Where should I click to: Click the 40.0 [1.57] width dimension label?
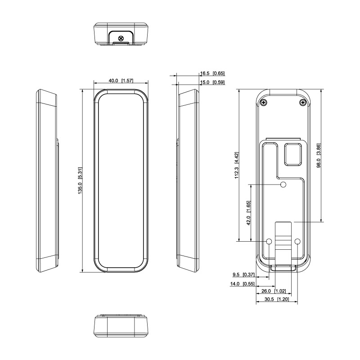pos(121,81)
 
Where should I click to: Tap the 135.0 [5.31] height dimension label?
pos(80,181)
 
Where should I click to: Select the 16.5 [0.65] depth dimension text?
pos(212,73)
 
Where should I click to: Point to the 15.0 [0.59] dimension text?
pos(212,82)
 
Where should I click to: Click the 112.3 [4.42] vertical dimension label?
pos(237,165)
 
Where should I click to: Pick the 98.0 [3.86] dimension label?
pos(319,156)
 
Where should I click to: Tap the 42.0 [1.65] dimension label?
pos(248,213)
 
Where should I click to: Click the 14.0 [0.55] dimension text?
pos(242,284)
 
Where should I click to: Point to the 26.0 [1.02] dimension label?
pos(274,291)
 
